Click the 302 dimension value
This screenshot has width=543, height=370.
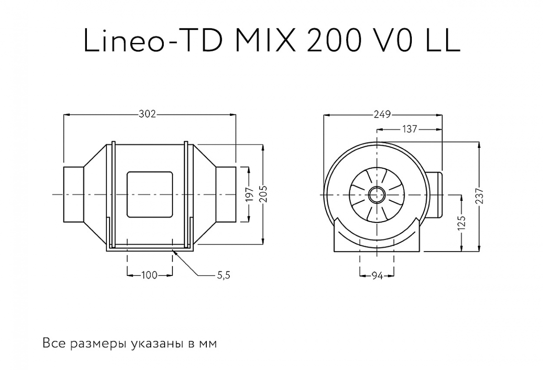tap(148, 114)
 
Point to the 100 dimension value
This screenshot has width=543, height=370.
tap(149, 275)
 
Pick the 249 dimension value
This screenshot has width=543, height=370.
tap(382, 114)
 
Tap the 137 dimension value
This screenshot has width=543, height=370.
tap(409, 129)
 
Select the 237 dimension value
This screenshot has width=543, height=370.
tap(480, 195)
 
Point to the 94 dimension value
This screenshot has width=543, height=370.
tap(377, 275)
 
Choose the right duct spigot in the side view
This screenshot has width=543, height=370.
tap(226, 194)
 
